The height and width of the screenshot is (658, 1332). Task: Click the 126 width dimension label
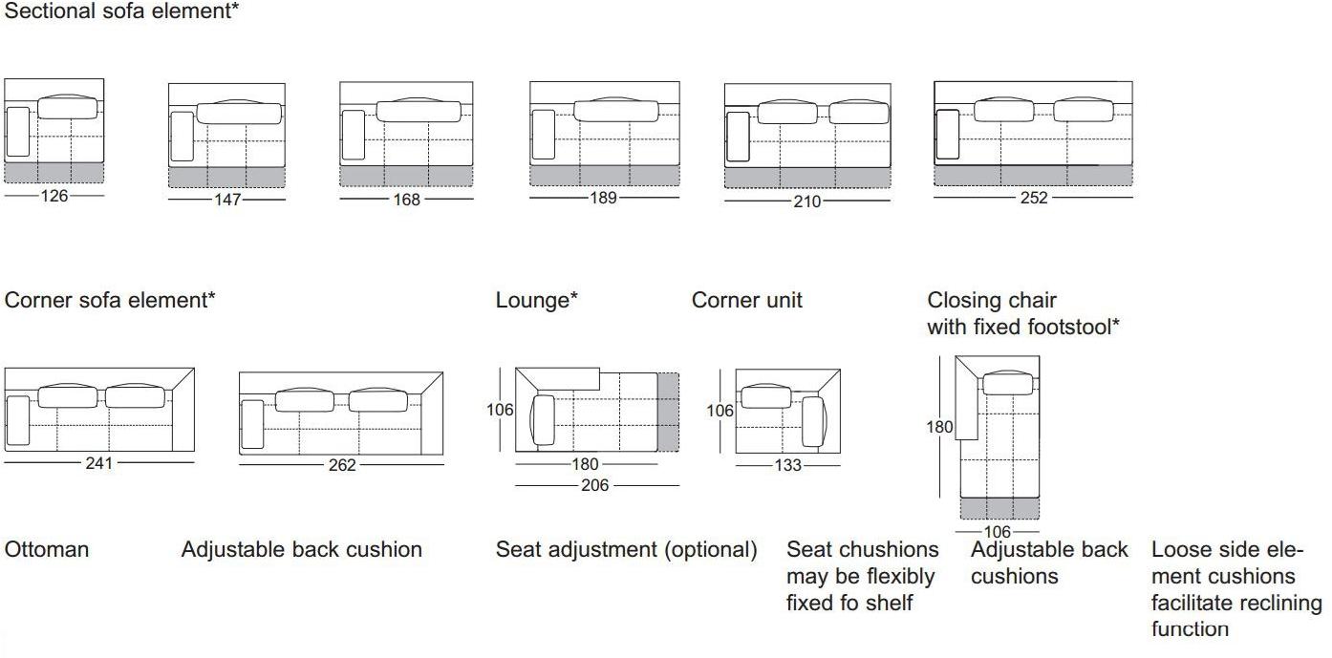point(54,197)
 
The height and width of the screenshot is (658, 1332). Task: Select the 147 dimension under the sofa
point(227,200)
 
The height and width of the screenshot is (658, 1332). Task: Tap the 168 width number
point(406,200)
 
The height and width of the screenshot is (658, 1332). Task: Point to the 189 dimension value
point(604,198)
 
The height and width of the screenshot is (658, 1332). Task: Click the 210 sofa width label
point(806,202)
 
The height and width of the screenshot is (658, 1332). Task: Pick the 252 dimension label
point(1034,198)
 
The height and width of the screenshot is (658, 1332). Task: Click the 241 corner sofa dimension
point(98,463)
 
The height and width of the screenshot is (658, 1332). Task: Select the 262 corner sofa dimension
point(341,465)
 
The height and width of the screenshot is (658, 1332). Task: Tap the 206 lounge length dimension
point(594,485)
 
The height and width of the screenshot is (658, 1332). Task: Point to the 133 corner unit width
point(788,465)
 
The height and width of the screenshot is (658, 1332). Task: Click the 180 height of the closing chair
point(939,427)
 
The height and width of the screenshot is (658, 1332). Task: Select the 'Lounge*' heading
point(537,300)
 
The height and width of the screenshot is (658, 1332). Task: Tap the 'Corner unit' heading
point(747,300)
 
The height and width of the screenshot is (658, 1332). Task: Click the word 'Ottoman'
point(47,549)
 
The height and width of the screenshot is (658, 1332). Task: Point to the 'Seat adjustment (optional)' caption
point(626,549)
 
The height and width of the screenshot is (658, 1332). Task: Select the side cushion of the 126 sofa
point(18,131)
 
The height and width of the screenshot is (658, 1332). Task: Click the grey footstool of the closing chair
point(999,509)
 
